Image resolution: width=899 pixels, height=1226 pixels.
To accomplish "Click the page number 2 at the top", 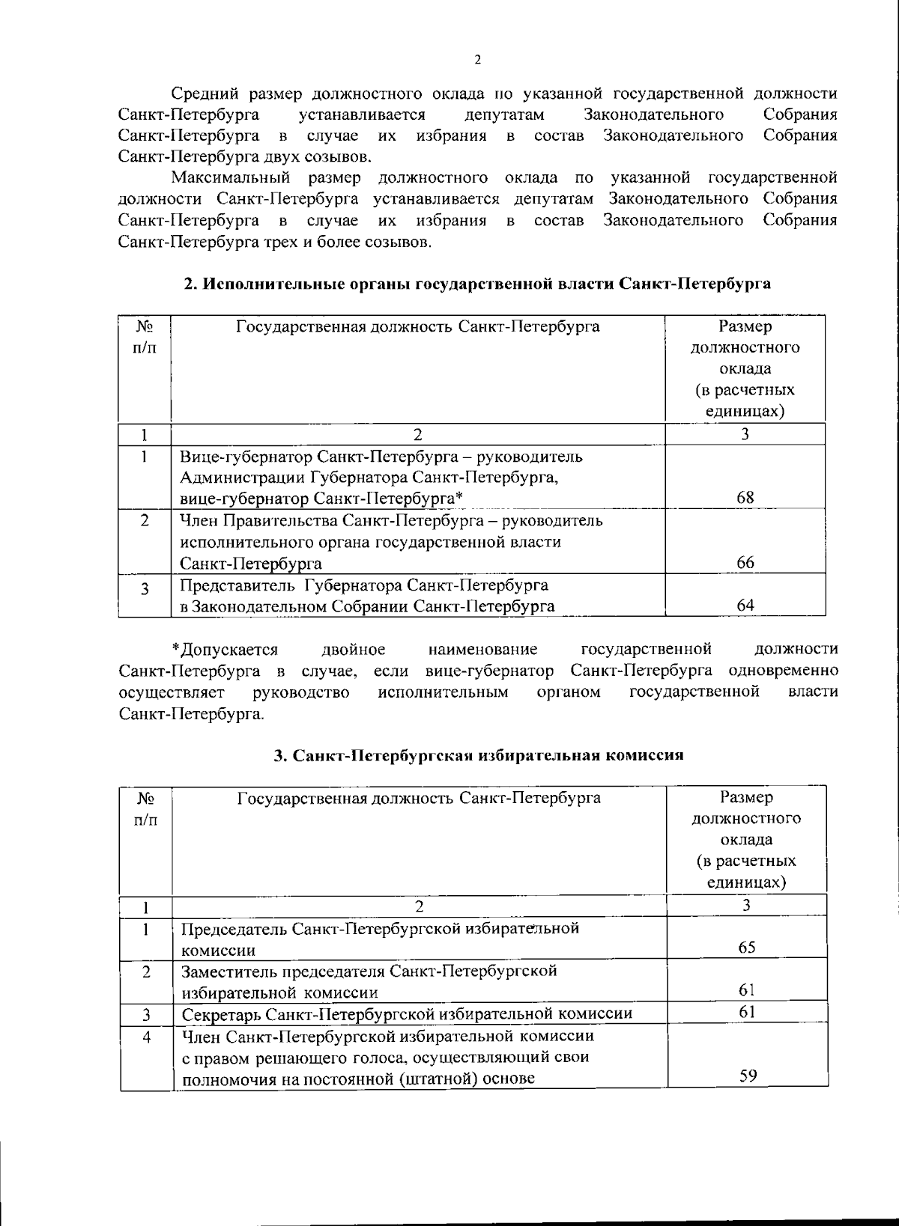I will (478, 60).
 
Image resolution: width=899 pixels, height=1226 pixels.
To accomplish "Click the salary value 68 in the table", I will (745, 498).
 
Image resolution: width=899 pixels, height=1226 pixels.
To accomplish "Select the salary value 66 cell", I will (745, 563).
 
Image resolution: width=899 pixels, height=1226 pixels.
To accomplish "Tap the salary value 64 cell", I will (745, 606).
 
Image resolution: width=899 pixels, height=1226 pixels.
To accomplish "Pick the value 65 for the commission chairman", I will (746, 948).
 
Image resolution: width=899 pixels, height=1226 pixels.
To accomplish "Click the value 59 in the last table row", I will (747, 1076).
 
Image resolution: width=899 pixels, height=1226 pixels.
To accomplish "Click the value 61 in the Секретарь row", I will (746, 1012).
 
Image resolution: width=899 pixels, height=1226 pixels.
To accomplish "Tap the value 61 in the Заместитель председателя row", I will (746, 990).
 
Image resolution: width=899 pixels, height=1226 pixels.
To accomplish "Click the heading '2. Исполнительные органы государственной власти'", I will (477, 284).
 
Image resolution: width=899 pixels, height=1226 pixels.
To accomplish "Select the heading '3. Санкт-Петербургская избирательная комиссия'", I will (478, 755).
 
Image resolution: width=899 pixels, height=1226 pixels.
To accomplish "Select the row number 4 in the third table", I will (146, 1037).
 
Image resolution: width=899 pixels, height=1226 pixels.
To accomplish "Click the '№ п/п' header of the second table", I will (145, 337).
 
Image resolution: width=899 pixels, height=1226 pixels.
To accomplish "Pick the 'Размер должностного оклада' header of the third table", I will (746, 839).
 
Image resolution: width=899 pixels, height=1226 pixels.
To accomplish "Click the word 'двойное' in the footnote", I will (353, 649).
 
